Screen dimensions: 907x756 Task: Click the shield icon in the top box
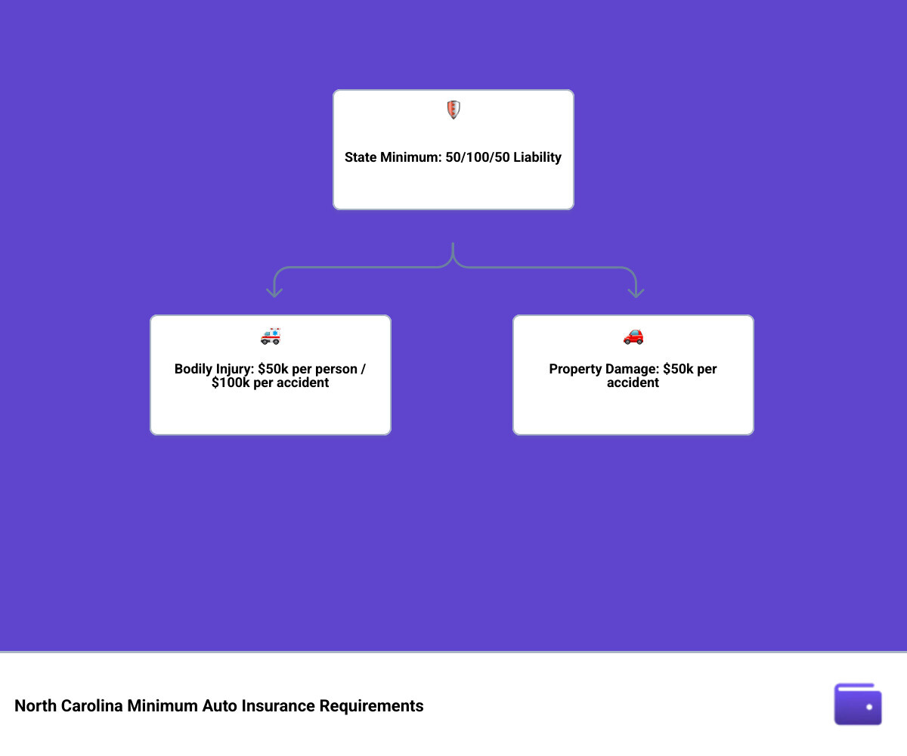click(x=453, y=110)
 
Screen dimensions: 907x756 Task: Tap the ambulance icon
click(x=271, y=336)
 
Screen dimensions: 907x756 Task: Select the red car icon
click(x=633, y=336)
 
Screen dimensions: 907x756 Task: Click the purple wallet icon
click(x=857, y=704)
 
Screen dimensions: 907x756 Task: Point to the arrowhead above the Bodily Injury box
click(x=274, y=293)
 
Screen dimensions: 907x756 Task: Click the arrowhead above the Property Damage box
click(x=636, y=293)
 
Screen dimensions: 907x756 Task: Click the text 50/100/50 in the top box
click(x=478, y=157)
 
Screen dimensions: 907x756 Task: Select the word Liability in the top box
click(x=537, y=157)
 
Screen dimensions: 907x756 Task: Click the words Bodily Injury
click(x=214, y=370)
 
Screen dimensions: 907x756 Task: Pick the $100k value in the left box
click(x=231, y=383)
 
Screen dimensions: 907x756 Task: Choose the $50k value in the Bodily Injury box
click(x=273, y=369)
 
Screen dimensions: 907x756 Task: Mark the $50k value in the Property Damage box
click(x=678, y=369)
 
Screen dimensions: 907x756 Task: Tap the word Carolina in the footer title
click(x=91, y=706)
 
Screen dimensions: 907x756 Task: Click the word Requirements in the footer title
click(x=371, y=706)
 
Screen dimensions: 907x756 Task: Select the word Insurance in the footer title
click(x=278, y=706)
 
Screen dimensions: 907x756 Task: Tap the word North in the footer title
click(x=36, y=706)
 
